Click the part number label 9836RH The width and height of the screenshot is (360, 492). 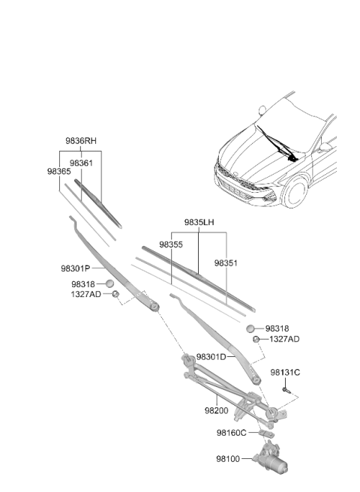coord(81,141)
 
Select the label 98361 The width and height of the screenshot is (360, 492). coord(81,163)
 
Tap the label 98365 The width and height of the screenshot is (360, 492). coord(59,171)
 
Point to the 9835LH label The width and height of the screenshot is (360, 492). coord(199,222)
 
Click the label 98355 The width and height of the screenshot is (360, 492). coord(171,244)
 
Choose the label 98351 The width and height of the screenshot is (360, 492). coord(226,263)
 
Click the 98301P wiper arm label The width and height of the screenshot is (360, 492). coord(76,268)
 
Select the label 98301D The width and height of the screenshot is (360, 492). coord(211,357)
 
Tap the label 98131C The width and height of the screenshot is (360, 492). coord(285,373)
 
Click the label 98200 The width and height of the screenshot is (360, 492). coord(217,410)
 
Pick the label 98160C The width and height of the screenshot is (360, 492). coord(232,433)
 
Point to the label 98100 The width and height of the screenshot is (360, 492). coord(228,459)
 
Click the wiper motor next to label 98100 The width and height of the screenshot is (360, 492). coord(271,457)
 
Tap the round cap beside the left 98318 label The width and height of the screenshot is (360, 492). coord(109,283)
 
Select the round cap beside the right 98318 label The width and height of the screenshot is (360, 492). coord(250,328)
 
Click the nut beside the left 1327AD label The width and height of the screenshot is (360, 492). coord(115,294)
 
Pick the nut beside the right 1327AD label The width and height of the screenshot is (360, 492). coord(256,339)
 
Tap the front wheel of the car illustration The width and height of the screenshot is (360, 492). coord(295,192)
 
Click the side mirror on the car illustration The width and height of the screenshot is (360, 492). coord(325,147)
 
